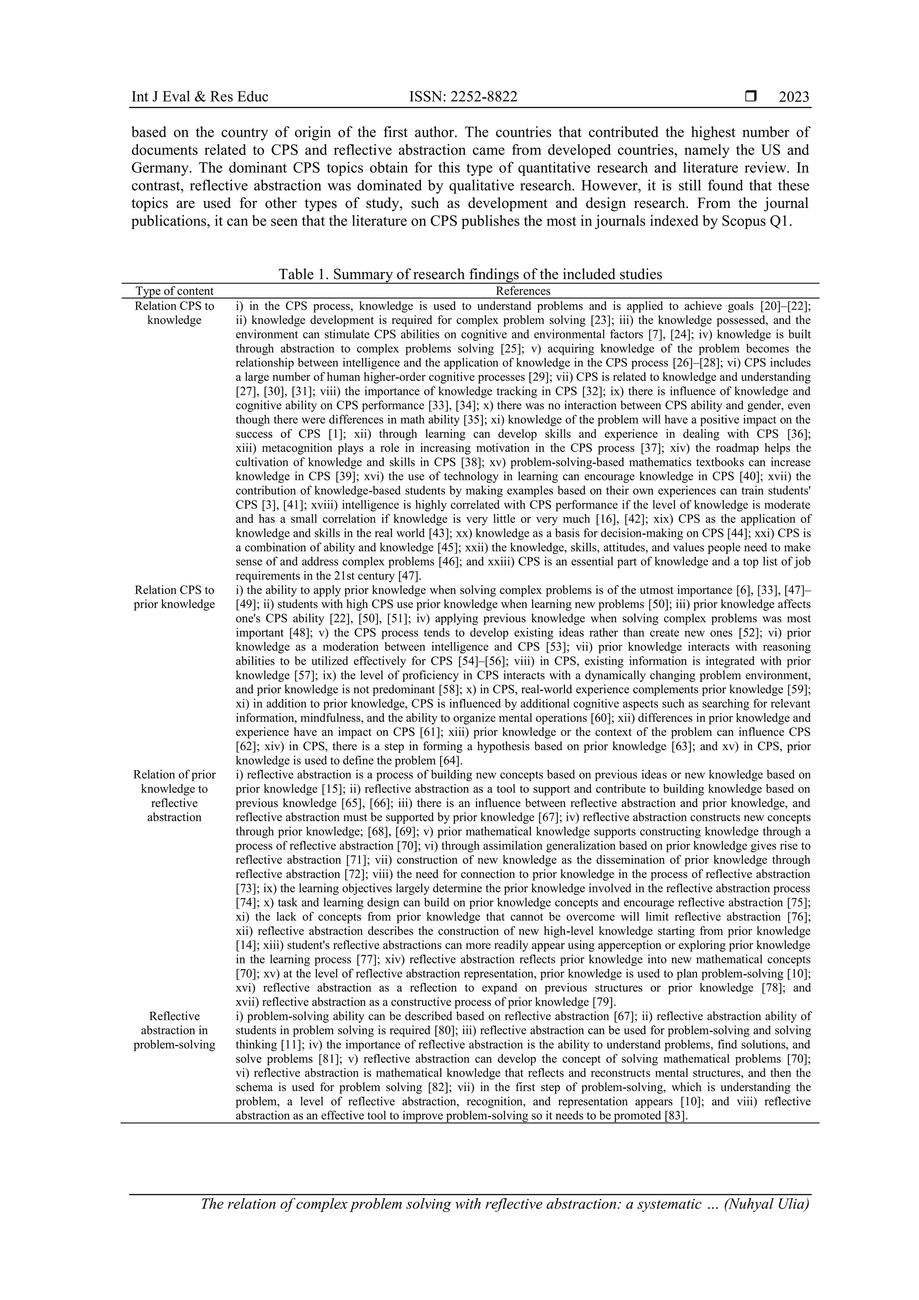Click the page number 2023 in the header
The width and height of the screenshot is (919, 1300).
[x=794, y=97]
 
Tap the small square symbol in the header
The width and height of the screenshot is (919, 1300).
[x=750, y=97]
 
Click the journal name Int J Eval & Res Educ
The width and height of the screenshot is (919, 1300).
[x=199, y=97]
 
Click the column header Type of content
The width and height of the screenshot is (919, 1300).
[x=175, y=291]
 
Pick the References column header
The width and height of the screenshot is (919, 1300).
[x=523, y=291]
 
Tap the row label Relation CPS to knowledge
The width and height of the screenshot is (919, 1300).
[x=175, y=313]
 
